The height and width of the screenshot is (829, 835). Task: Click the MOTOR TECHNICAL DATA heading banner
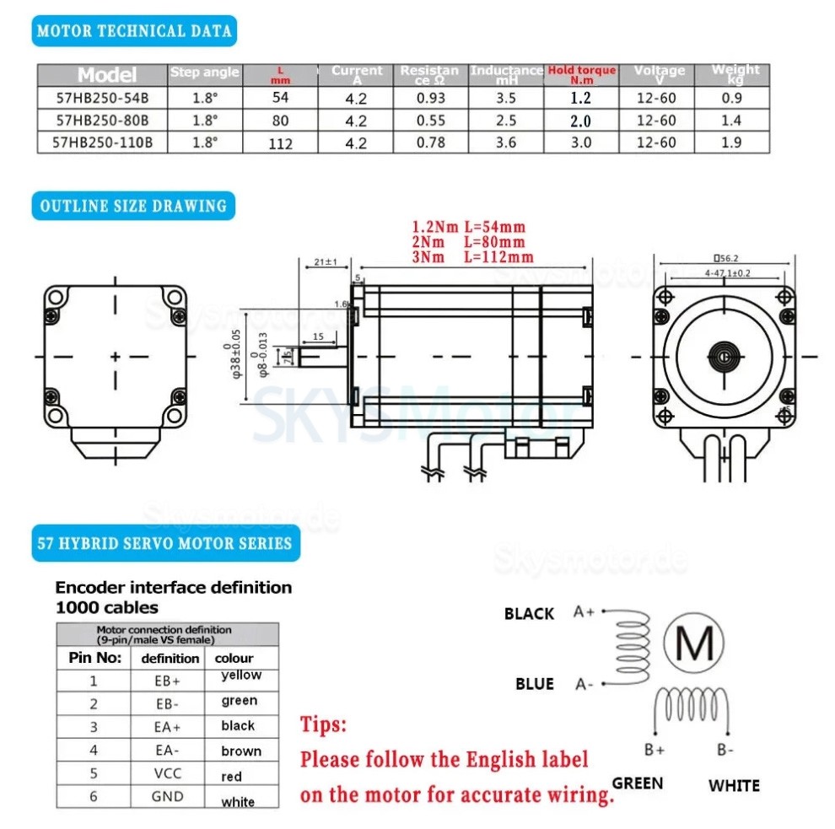pyautogui.click(x=135, y=31)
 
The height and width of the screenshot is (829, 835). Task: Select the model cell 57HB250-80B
pyautogui.click(x=102, y=121)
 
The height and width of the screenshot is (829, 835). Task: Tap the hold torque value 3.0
pyautogui.click(x=580, y=143)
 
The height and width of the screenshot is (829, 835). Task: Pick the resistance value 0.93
pyautogui.click(x=431, y=98)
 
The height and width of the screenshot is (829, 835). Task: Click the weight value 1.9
pyautogui.click(x=731, y=143)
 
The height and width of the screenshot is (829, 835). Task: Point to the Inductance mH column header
pyautogui.click(x=506, y=74)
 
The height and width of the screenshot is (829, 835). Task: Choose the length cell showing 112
pyautogui.click(x=280, y=143)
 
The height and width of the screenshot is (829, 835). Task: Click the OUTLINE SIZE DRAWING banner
pyautogui.click(x=134, y=206)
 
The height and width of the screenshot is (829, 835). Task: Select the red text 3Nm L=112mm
pyautogui.click(x=472, y=256)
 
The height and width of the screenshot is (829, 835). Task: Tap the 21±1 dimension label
pyautogui.click(x=324, y=262)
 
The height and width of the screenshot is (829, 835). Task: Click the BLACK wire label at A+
pyautogui.click(x=529, y=614)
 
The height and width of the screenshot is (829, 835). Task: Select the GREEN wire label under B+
pyautogui.click(x=638, y=783)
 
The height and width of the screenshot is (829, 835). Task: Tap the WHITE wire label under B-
pyautogui.click(x=734, y=785)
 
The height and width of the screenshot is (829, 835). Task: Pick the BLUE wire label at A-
pyautogui.click(x=535, y=683)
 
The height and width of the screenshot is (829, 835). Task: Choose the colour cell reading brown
pyautogui.click(x=241, y=751)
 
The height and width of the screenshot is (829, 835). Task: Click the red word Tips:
pyautogui.click(x=323, y=724)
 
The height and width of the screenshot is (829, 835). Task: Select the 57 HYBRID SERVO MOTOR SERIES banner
pyautogui.click(x=164, y=543)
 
